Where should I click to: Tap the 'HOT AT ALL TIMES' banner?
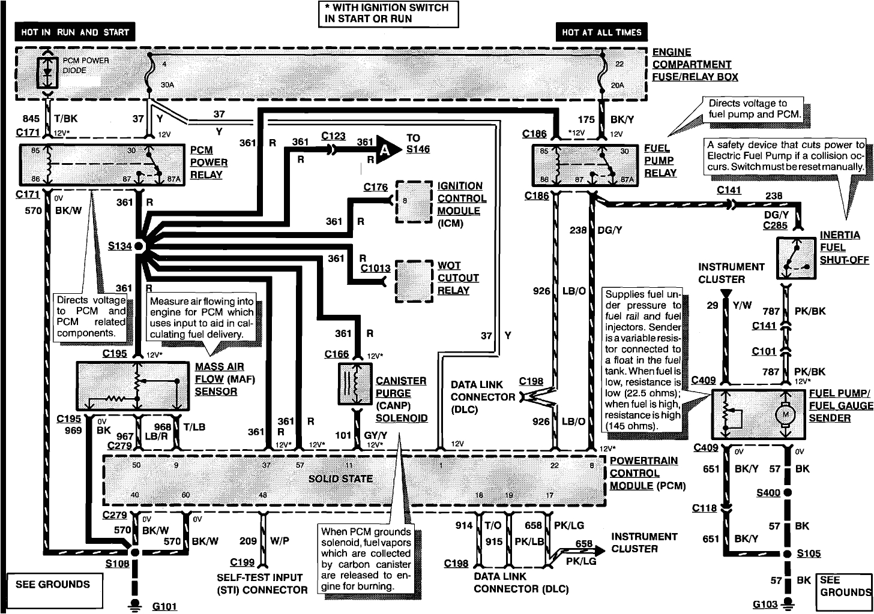[x=601, y=32]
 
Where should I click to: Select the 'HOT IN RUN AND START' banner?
[x=75, y=32]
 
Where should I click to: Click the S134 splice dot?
[x=139, y=246]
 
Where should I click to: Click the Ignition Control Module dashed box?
[x=414, y=202]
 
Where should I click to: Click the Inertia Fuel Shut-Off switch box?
[x=796, y=258]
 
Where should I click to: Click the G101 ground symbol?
[x=136, y=604]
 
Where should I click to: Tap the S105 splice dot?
[x=787, y=553]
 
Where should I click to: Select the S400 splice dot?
[x=787, y=493]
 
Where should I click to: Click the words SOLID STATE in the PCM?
[x=340, y=478]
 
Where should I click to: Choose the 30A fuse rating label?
[x=167, y=85]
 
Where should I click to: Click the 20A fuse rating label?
[x=617, y=85]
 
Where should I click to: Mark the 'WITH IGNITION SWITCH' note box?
[x=388, y=13]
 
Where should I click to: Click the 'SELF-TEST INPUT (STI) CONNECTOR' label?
[x=262, y=583]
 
